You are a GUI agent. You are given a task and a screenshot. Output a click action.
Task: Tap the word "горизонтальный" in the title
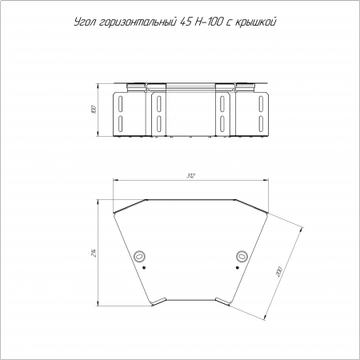tap(138, 22)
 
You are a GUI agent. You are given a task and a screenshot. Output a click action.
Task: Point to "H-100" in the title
tap(208, 22)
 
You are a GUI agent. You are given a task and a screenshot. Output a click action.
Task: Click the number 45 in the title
tap(186, 22)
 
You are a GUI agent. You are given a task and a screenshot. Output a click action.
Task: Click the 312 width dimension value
tap(191, 176)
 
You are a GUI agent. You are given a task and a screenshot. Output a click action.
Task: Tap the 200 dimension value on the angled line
tap(279, 272)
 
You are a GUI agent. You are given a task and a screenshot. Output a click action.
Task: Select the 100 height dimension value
tap(93, 110)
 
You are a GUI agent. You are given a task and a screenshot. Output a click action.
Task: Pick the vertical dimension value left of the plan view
tap(93, 253)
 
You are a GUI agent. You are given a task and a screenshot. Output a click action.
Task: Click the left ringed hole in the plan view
tap(139, 257)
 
